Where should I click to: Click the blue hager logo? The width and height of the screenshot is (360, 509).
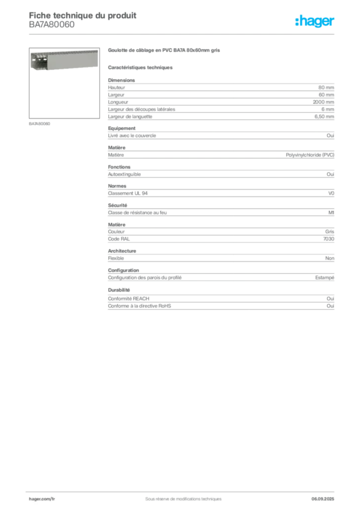click(x=315, y=22)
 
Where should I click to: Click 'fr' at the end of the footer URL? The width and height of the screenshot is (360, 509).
click(x=53, y=499)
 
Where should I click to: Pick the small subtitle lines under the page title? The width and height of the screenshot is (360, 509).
click(x=52, y=28)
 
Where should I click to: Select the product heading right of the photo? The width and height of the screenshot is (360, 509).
click(x=165, y=51)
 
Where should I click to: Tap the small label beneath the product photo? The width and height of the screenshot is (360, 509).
click(x=40, y=123)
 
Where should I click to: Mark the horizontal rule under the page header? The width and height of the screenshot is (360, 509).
click(x=183, y=34)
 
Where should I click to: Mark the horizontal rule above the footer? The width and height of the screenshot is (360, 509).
click(x=183, y=490)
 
